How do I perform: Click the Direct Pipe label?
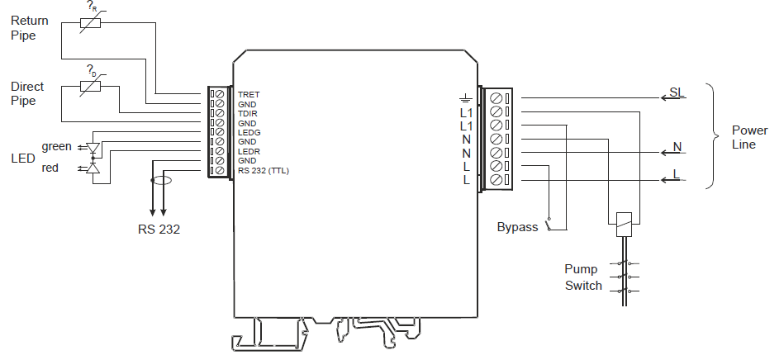[27, 93]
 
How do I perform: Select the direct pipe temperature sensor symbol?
[89, 85]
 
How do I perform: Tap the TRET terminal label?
[249, 95]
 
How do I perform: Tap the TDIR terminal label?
[248, 113]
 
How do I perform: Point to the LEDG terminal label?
[249, 132]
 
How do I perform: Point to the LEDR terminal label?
[249, 151]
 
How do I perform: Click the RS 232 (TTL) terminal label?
[264, 171]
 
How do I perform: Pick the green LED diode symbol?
[93, 149]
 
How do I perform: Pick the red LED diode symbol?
[93, 168]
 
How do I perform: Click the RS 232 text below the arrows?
[159, 229]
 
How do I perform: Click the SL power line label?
[676, 92]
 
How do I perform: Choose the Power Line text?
[749, 137]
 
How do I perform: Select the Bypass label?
[517, 227]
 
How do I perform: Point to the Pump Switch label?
[582, 277]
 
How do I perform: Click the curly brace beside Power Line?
[713, 136]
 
